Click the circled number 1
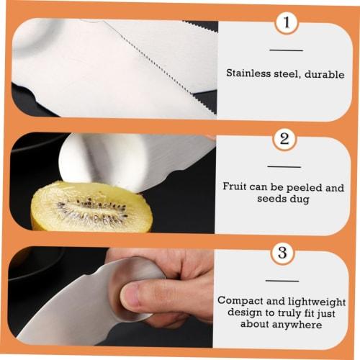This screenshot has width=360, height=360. (x=287, y=24)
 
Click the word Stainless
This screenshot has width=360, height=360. (x=249, y=73)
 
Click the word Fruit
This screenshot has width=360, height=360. (x=235, y=186)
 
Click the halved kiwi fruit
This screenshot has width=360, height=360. (x=91, y=207)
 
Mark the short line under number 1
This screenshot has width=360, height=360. (x=286, y=50)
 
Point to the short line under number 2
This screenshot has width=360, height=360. (x=286, y=166)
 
